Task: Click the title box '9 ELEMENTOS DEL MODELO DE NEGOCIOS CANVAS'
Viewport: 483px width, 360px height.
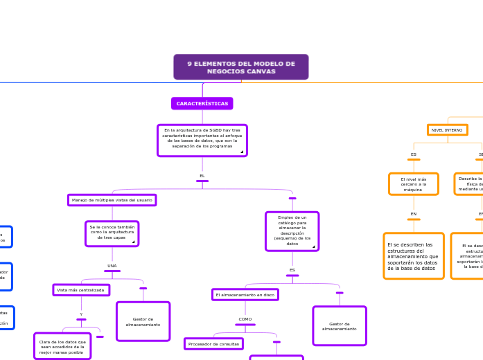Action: point(240,67)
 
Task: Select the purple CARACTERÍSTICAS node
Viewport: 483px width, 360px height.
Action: point(202,103)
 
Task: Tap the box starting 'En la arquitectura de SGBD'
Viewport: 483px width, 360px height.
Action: point(202,141)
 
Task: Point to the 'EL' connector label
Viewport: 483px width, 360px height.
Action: point(202,176)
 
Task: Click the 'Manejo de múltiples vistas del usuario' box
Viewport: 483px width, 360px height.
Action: point(112,200)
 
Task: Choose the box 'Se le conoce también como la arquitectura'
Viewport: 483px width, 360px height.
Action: point(112,233)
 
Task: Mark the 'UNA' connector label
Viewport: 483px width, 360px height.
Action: point(112,266)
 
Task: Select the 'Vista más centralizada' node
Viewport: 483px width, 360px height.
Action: point(81,290)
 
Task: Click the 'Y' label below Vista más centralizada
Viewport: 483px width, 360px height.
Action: point(81,314)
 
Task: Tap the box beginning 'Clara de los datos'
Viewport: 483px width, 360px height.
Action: point(62,345)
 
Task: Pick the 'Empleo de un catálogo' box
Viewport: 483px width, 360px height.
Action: point(292,231)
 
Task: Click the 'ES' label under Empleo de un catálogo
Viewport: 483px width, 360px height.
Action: point(292,270)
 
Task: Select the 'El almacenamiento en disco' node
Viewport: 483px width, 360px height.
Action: point(245,295)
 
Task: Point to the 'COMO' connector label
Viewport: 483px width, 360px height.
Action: point(245,319)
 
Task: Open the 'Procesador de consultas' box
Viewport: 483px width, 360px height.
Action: point(213,343)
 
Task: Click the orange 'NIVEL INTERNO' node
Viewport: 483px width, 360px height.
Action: point(447,130)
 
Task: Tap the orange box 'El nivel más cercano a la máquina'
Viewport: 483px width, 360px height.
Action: point(413,184)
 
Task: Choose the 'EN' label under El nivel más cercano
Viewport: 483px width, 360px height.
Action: point(413,214)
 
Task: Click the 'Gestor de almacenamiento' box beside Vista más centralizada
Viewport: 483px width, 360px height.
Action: point(143,321)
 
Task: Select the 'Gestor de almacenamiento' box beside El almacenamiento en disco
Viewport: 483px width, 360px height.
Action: point(339,326)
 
